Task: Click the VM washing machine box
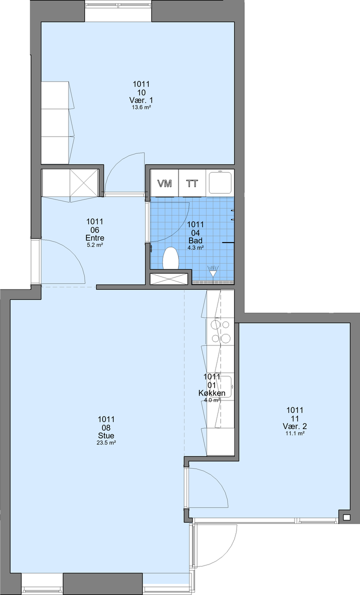(164, 183)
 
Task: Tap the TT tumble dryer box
(192, 183)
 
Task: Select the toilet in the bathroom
(170, 258)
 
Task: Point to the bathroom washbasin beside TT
(219, 182)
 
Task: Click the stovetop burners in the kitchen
(220, 331)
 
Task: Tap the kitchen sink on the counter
(224, 386)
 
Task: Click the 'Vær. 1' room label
(141, 100)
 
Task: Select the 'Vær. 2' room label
(295, 426)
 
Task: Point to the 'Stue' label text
(106, 435)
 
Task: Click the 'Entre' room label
(95, 238)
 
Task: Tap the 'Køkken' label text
(211, 393)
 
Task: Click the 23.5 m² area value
(106, 442)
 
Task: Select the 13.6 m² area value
(141, 107)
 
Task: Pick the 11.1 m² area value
(295, 433)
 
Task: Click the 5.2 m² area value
(95, 245)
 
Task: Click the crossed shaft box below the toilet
(169, 279)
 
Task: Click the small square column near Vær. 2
(346, 517)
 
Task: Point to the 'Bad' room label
(195, 240)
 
